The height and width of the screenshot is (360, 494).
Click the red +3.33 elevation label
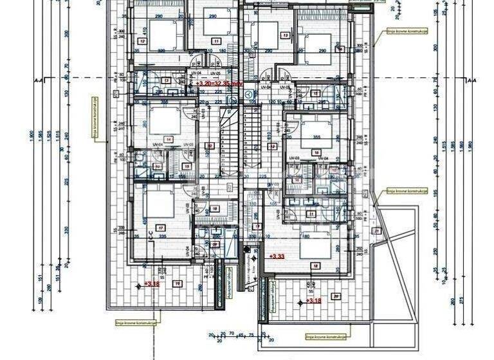coord(277,256)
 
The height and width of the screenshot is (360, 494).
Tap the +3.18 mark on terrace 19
coord(152,283)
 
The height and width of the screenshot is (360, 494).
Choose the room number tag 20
coord(335,296)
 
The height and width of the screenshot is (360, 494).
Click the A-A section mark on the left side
coord(42,80)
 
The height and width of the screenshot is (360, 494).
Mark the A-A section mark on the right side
coord(471,80)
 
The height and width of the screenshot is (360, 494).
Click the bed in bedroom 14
coord(161,119)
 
